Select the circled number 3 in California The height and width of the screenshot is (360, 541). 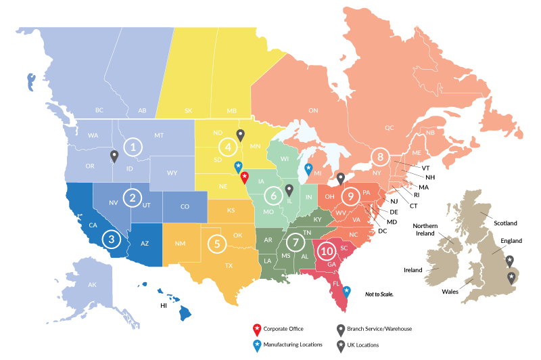point(110,239)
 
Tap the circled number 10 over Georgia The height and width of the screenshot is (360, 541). point(327,250)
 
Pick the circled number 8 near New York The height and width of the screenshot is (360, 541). point(381,157)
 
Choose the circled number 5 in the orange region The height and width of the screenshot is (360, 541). point(216,242)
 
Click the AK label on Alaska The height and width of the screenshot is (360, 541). point(93,285)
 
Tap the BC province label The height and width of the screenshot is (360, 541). point(99,110)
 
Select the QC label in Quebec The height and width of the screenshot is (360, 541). point(390,127)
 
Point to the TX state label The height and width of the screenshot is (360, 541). point(229,265)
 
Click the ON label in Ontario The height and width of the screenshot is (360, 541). point(313,110)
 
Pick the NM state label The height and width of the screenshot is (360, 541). point(180,244)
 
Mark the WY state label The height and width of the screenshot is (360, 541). point(172,173)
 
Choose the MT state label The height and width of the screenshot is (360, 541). point(159,135)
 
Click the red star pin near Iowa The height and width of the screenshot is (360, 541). point(244,177)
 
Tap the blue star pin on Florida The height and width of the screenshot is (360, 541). point(347,291)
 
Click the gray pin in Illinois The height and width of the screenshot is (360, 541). point(289,190)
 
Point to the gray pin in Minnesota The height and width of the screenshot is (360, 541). point(240,135)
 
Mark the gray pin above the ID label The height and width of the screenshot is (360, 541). point(114,156)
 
